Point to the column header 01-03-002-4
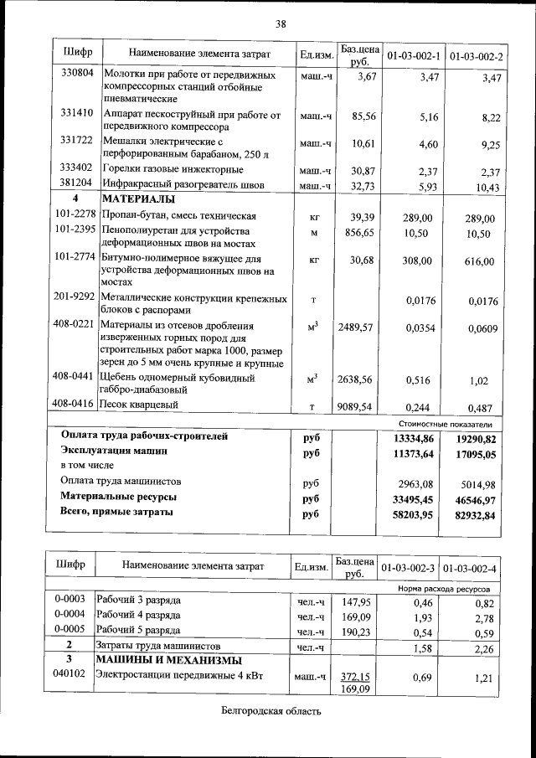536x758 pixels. click(472, 568)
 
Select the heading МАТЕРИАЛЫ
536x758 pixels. click(138, 200)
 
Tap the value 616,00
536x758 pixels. click(478, 262)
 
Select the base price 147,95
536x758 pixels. click(356, 602)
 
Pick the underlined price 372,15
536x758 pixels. click(356, 676)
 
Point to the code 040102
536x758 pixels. click(70, 673)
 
